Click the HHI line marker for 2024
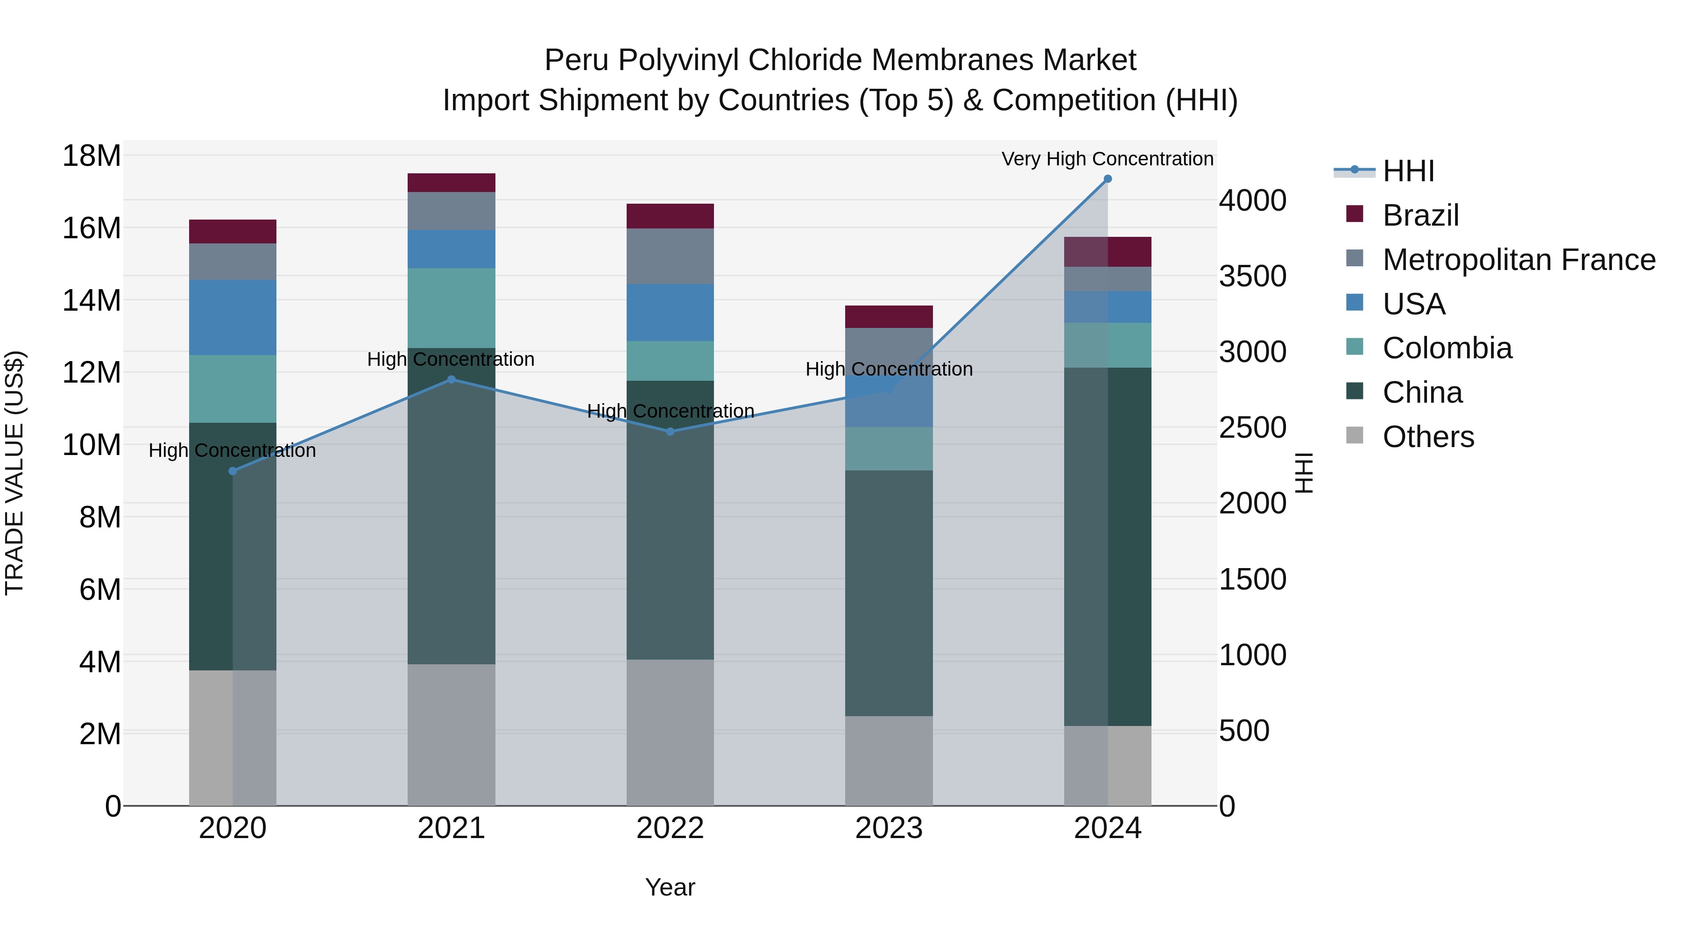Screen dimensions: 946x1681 pyautogui.click(x=1108, y=179)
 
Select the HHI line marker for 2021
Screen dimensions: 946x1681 pyautogui.click(x=452, y=379)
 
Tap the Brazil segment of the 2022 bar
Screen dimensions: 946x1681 pyautogui.click(x=670, y=216)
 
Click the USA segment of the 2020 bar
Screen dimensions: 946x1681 pyautogui.click(x=233, y=317)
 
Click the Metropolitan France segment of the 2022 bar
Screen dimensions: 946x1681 pyautogui.click(x=670, y=256)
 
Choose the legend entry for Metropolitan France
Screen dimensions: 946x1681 pyautogui.click(x=1519, y=260)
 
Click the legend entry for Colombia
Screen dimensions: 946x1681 pyautogui.click(x=1447, y=348)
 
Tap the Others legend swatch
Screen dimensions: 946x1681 pyautogui.click(x=1355, y=435)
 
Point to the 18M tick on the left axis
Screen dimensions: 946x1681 pyautogui.click(x=92, y=156)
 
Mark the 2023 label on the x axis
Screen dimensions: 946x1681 pyautogui.click(x=889, y=828)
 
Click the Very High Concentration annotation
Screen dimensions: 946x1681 pyautogui.click(x=1108, y=159)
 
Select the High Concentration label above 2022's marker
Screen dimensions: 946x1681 pyautogui.click(x=670, y=411)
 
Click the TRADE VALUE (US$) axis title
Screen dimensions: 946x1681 pyautogui.click(x=14, y=473)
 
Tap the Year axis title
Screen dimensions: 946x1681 pyautogui.click(x=670, y=887)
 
